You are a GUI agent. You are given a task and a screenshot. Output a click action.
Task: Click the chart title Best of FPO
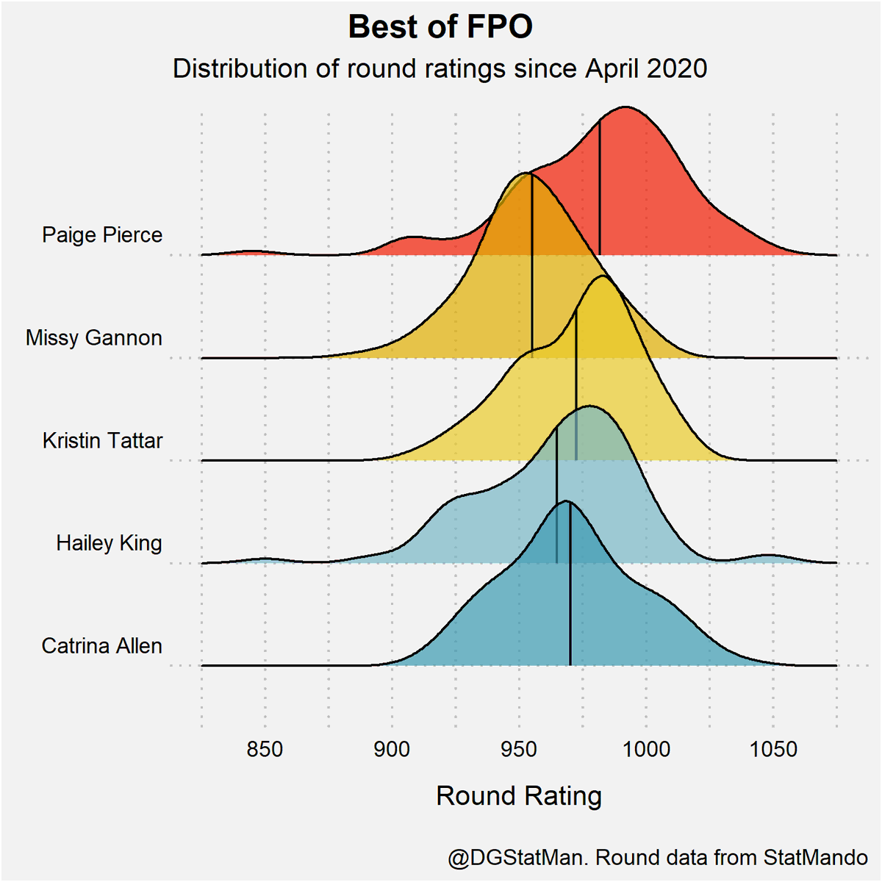point(440,27)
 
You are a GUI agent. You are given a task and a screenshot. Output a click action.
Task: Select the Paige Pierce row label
point(102,235)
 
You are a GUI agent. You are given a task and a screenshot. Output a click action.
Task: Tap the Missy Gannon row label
point(94,338)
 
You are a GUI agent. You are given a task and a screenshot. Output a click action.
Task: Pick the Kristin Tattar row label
point(103,441)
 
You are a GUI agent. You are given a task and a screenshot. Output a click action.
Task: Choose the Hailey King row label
point(109,543)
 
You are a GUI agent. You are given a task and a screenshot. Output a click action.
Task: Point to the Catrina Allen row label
point(102,646)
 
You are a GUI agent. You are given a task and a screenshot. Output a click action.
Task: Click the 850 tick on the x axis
point(265,750)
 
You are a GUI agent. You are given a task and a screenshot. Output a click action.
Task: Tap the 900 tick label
point(392,750)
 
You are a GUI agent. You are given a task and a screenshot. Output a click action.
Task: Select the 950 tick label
point(519,750)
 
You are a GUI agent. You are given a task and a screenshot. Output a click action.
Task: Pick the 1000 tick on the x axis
point(646,750)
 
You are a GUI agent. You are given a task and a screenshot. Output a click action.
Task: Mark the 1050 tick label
point(773,750)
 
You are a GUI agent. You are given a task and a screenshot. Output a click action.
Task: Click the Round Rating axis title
point(519,796)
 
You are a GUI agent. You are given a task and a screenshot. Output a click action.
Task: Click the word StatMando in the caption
point(815,858)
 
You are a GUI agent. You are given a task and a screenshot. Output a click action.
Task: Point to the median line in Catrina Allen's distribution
point(570,588)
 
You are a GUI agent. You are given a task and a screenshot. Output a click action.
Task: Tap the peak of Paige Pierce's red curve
point(625,107)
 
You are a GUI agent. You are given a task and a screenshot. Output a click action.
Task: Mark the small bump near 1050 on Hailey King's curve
point(769,556)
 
